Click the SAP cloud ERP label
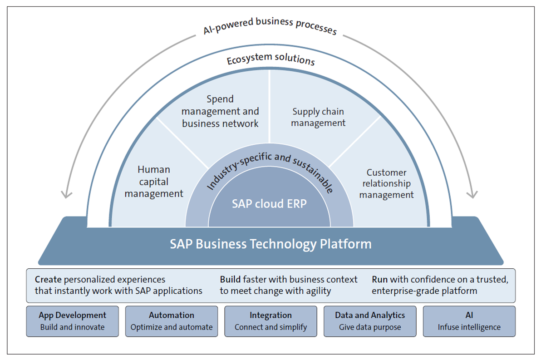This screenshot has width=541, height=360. (x=269, y=204)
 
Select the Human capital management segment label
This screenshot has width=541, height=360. (x=154, y=182)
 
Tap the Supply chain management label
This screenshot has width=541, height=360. (x=318, y=117)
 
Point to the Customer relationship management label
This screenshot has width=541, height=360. (x=387, y=184)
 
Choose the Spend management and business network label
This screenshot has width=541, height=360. (x=220, y=111)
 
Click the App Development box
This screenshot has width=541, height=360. (x=72, y=321)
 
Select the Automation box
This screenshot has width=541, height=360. (x=172, y=321)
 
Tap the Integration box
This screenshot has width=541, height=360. (x=270, y=321)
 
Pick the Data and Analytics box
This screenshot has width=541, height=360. (x=370, y=321)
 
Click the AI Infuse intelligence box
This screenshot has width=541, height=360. (x=469, y=321)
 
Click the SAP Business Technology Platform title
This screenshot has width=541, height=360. (x=270, y=244)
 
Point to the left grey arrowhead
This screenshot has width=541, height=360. (x=67, y=194)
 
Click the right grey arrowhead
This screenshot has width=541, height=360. (x=472, y=194)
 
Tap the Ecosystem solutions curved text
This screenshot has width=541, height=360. (x=270, y=59)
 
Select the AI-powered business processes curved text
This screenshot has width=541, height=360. (x=270, y=27)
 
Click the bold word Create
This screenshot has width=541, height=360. (x=49, y=280)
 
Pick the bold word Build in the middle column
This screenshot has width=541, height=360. (x=230, y=280)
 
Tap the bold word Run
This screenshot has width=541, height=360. (x=379, y=280)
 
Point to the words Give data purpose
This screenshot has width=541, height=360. (x=370, y=327)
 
